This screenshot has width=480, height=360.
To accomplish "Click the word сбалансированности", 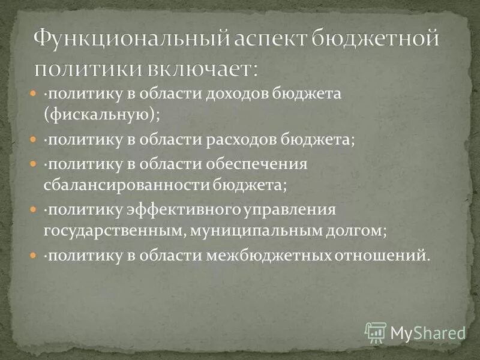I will (126, 184).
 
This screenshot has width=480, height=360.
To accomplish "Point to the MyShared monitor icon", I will (374, 331).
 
